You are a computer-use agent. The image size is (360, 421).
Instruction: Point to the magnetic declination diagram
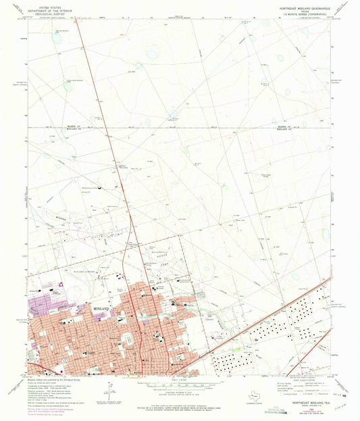[x=108, y=392]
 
